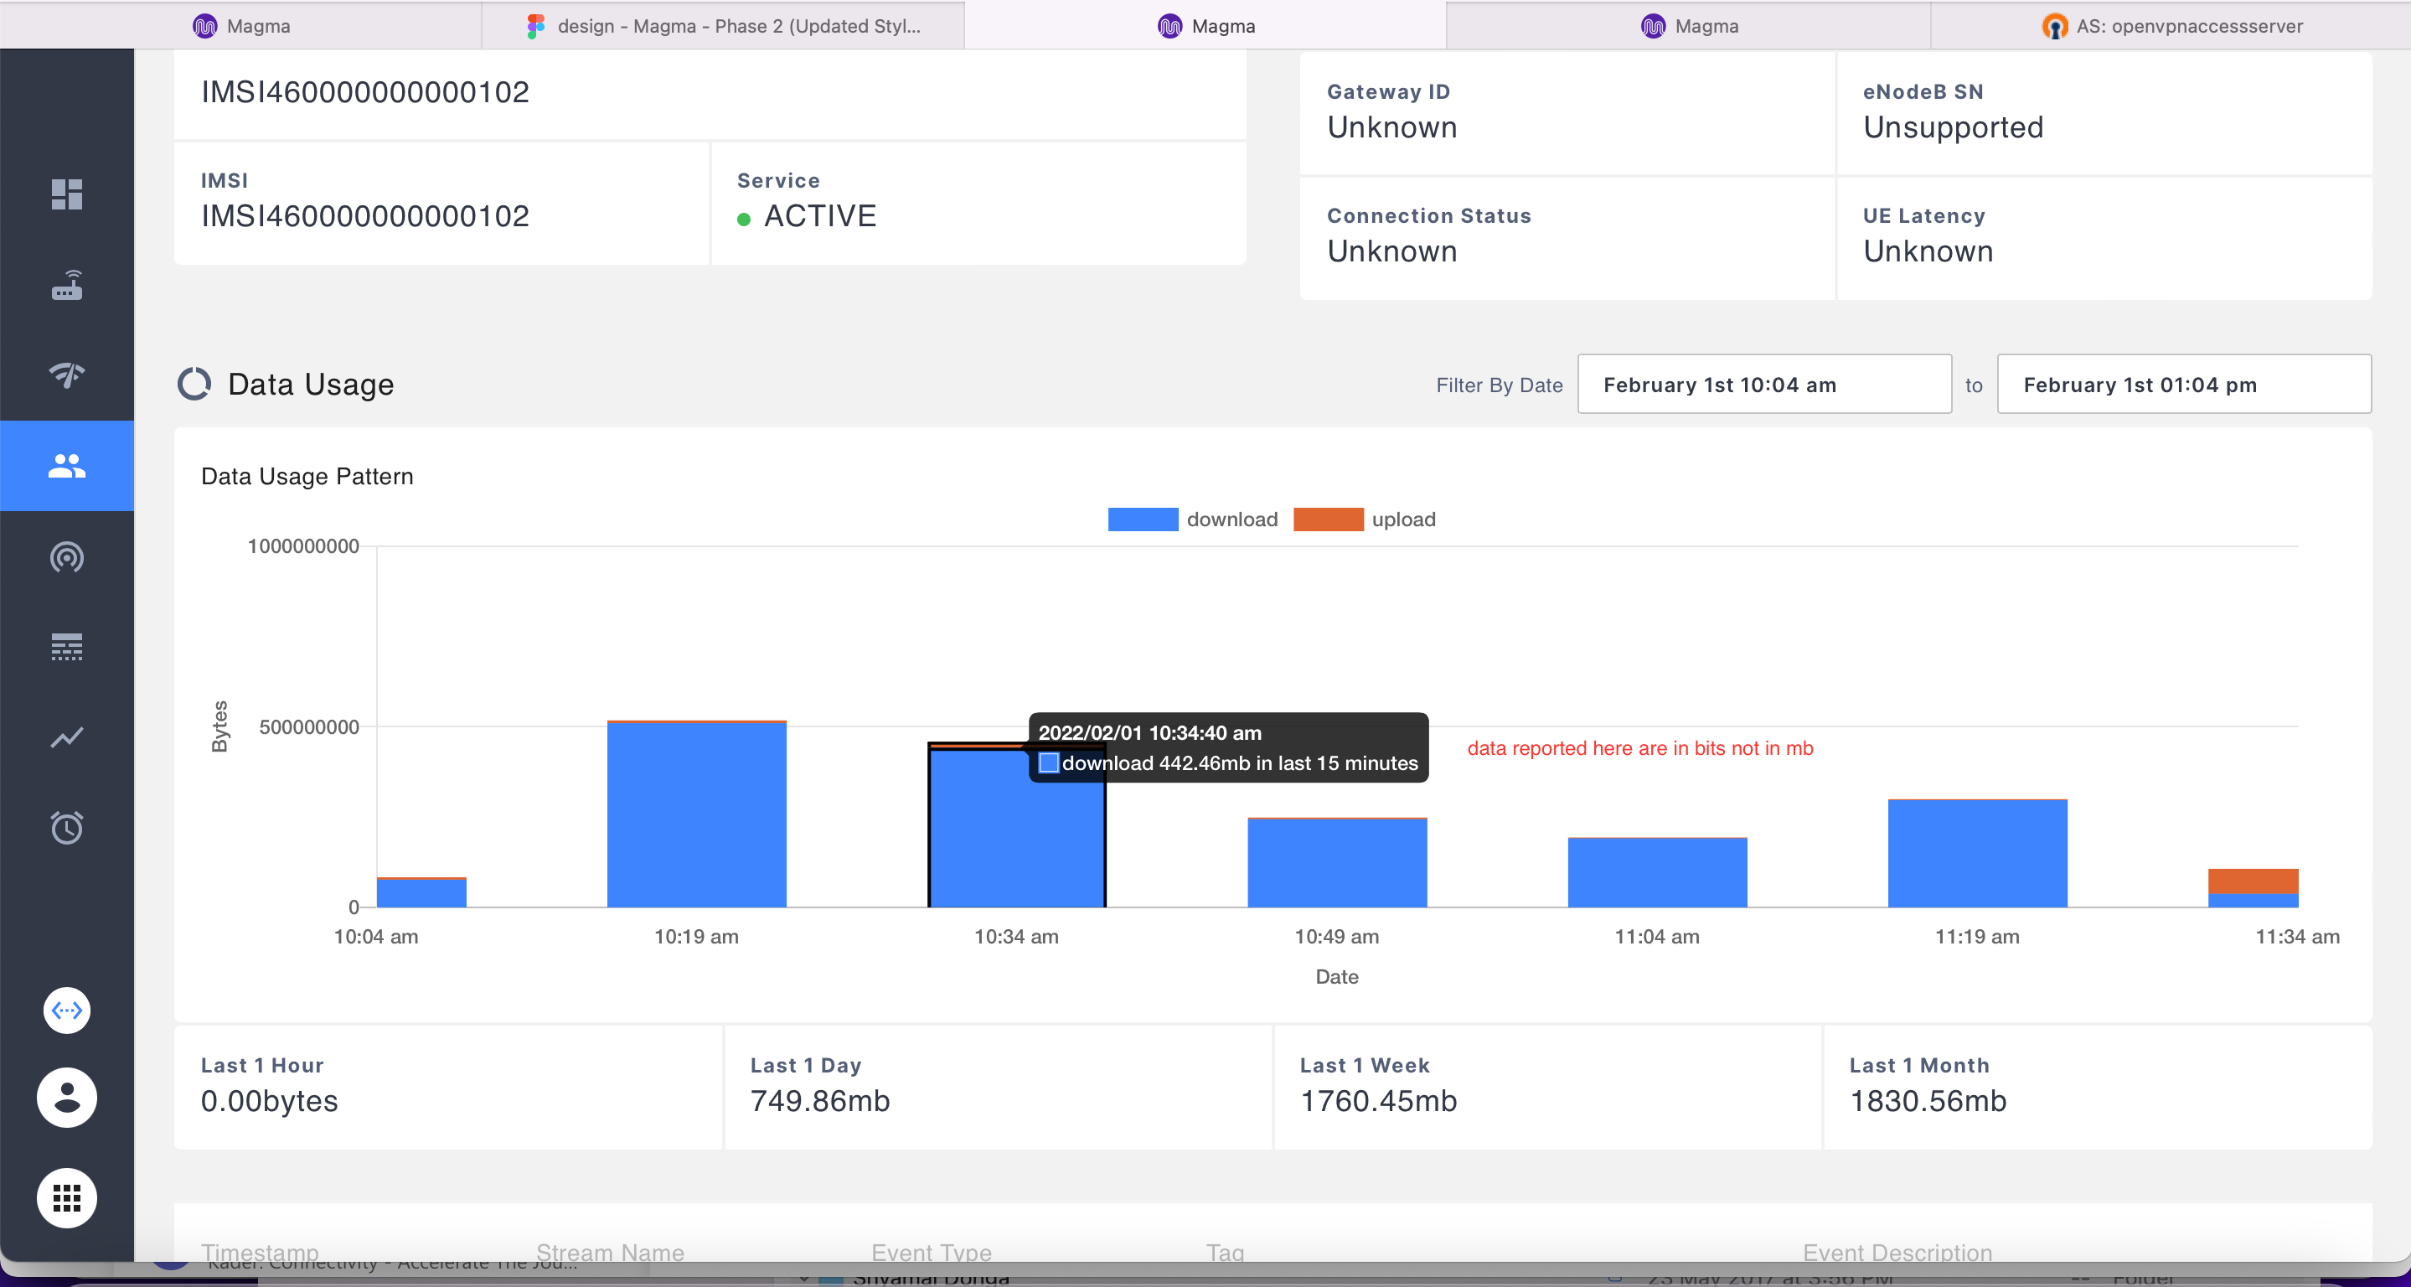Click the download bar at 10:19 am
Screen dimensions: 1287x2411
696,815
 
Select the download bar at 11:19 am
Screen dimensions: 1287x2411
1977,854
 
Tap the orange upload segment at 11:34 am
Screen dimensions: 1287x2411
2253,881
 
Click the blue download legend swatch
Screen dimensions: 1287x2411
1143,519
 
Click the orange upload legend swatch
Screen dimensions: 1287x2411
1328,519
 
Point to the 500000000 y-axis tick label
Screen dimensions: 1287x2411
309,727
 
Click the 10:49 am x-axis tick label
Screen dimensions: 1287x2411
1336,937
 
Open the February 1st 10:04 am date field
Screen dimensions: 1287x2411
1764,385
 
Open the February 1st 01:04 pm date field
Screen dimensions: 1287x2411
2184,385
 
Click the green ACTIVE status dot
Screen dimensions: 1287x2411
744,220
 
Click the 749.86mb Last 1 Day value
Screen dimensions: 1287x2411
820,1101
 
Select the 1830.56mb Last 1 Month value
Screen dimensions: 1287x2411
1928,1101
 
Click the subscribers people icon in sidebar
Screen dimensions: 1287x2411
66,466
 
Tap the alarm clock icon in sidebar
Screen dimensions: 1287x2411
66,828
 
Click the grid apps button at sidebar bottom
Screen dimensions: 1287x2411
66,1198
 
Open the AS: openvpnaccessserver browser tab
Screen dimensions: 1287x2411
2171,26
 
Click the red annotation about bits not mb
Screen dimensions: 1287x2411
1639,749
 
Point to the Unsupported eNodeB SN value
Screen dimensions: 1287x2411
1954,127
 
